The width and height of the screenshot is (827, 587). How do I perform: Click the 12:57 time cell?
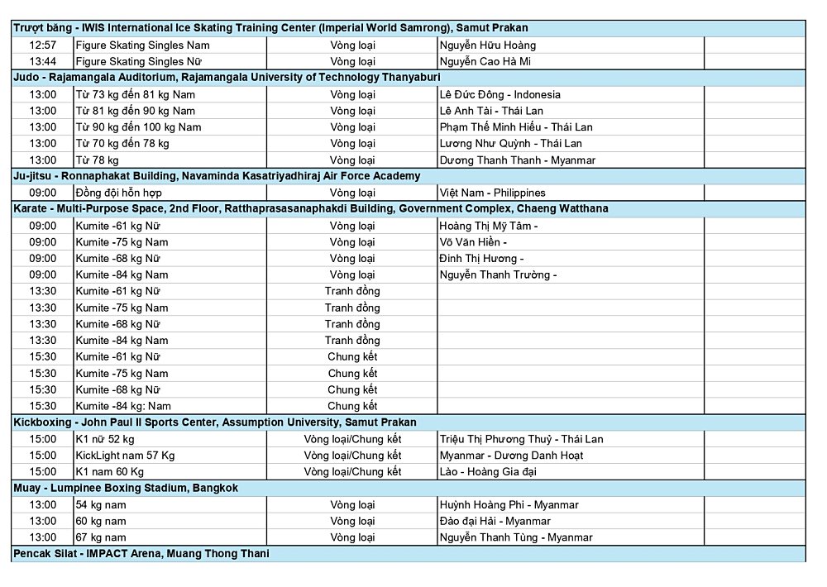[42, 45]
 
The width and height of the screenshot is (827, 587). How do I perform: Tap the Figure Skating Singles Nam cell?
[142, 45]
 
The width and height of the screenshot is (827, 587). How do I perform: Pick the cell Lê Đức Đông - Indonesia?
[500, 94]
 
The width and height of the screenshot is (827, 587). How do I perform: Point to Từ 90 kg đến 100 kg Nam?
[138, 126]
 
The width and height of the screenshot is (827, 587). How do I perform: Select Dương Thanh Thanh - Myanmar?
[517, 160]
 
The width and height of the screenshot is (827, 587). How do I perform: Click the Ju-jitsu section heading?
[217, 176]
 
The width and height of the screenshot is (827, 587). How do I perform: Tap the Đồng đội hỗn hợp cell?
[117, 193]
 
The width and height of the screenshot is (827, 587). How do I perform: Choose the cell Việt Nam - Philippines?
[492, 193]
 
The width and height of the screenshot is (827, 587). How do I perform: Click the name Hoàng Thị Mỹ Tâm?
[489, 226]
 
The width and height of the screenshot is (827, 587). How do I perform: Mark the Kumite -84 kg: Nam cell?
[123, 406]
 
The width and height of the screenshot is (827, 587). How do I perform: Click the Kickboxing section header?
[215, 422]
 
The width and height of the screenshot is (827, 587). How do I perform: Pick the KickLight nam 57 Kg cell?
[125, 456]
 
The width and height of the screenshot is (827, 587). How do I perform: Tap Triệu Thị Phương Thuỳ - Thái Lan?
[521, 439]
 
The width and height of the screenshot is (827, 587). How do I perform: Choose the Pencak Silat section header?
[141, 553]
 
